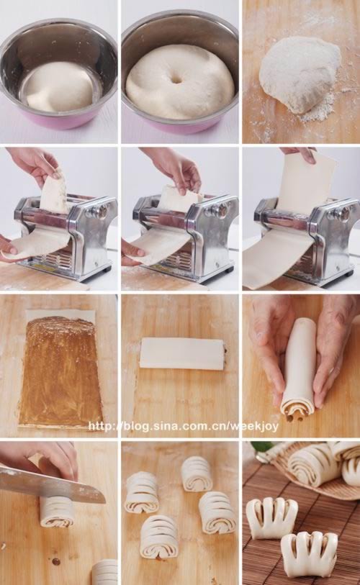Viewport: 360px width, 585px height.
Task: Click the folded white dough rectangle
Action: [181, 354]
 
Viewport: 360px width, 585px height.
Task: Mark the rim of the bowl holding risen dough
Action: [180, 25]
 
